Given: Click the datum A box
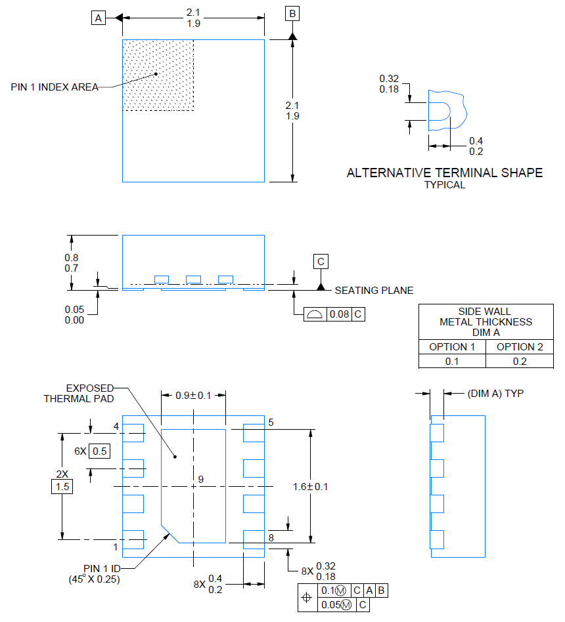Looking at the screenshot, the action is point(98,18).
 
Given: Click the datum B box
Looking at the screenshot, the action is point(292,14).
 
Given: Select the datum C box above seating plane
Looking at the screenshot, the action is point(321,261).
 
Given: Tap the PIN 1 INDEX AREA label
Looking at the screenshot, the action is point(55,87).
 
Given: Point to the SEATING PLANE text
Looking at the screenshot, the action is point(374,291).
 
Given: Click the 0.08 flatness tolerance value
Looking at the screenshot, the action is point(339,314).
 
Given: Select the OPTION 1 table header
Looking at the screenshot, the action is point(452,346).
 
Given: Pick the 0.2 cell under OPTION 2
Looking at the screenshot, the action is point(520,362).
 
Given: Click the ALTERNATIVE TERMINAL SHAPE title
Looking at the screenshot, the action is point(445,173).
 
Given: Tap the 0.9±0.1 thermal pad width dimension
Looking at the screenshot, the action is point(194,396).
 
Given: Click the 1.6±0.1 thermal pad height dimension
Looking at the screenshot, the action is point(311,487).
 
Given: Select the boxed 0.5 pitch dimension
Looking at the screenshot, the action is point(99,451).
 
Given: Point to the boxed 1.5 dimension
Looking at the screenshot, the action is point(62,487).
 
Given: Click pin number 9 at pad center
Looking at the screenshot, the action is point(200,479).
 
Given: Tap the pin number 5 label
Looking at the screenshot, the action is point(271,423).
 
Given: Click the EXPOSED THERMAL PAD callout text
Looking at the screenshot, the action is point(79,394).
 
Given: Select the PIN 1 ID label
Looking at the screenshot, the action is point(102,568).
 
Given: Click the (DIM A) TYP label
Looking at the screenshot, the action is point(495,394).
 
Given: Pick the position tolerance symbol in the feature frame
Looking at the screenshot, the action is point(307,598).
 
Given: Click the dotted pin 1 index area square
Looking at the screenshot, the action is point(158,75).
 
